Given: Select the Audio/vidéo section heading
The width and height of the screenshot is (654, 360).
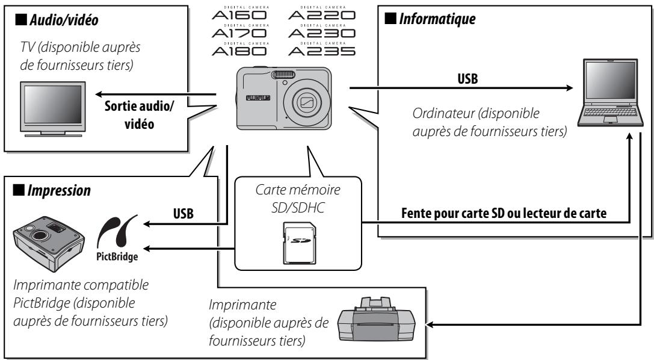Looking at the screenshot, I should point(57,19).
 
